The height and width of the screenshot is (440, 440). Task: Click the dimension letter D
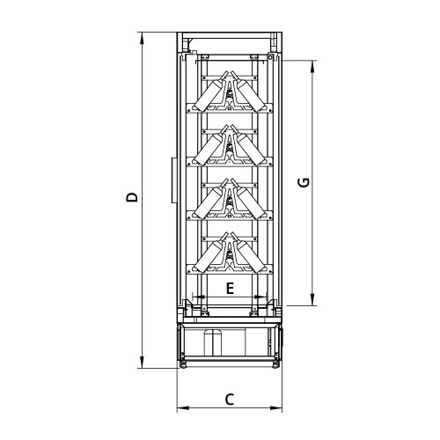[132, 197]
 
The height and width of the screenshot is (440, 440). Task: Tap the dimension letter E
[230, 289]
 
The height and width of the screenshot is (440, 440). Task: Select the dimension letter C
[230, 400]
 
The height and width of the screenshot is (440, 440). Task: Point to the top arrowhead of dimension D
[143, 39]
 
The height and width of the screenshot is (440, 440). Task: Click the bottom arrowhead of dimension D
[143, 362]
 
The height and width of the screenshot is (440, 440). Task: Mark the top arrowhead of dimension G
[312, 67]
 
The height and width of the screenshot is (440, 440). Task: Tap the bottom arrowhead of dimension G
[312, 299]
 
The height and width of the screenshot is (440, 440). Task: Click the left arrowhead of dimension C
[183, 407]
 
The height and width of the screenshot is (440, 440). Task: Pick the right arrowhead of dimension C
[276, 407]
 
